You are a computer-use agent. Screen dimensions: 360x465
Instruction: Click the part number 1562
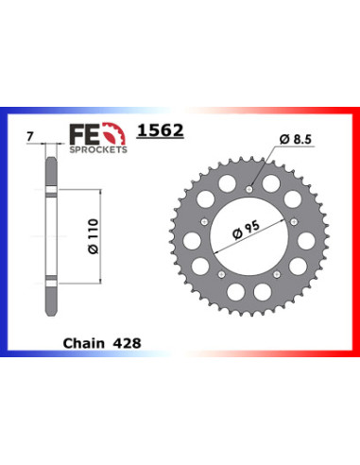[x=161, y=130]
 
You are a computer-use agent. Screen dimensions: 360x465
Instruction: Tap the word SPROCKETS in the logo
[x=98, y=149]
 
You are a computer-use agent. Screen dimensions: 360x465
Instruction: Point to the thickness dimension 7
[x=30, y=137]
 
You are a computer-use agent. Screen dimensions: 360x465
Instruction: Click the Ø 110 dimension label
[x=94, y=236]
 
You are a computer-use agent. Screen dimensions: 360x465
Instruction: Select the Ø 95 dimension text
[x=247, y=230]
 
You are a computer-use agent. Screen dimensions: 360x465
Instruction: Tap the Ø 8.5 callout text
[x=295, y=139]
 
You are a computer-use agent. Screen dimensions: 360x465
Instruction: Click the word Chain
[x=83, y=343]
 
